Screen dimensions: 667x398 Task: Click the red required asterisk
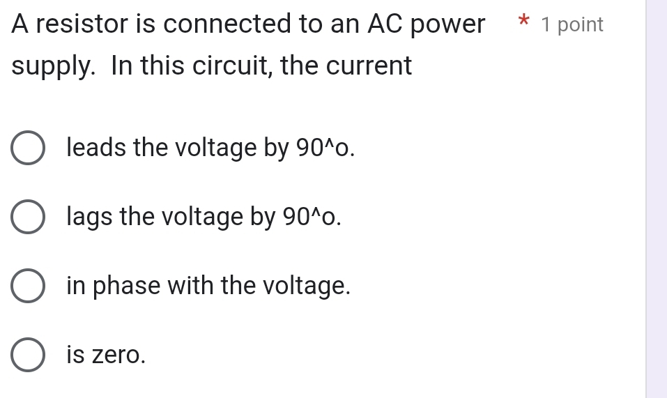pos(524,20)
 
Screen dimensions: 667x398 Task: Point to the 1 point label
pos(572,24)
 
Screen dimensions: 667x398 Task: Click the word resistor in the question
pos(82,24)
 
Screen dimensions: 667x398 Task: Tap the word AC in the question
pos(385,24)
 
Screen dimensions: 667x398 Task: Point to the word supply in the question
pos(53,66)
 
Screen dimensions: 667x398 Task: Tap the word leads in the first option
pos(96,148)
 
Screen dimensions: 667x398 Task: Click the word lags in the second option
pos(89,217)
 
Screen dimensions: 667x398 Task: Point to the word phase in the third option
pos(126,286)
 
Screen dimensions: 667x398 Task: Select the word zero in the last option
pos(118,355)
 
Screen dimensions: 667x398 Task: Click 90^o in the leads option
pos(325,148)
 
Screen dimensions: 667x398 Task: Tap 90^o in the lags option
pos(312,217)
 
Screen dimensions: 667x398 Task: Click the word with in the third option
pos(190,284)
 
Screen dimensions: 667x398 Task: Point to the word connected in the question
pos(227,24)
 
